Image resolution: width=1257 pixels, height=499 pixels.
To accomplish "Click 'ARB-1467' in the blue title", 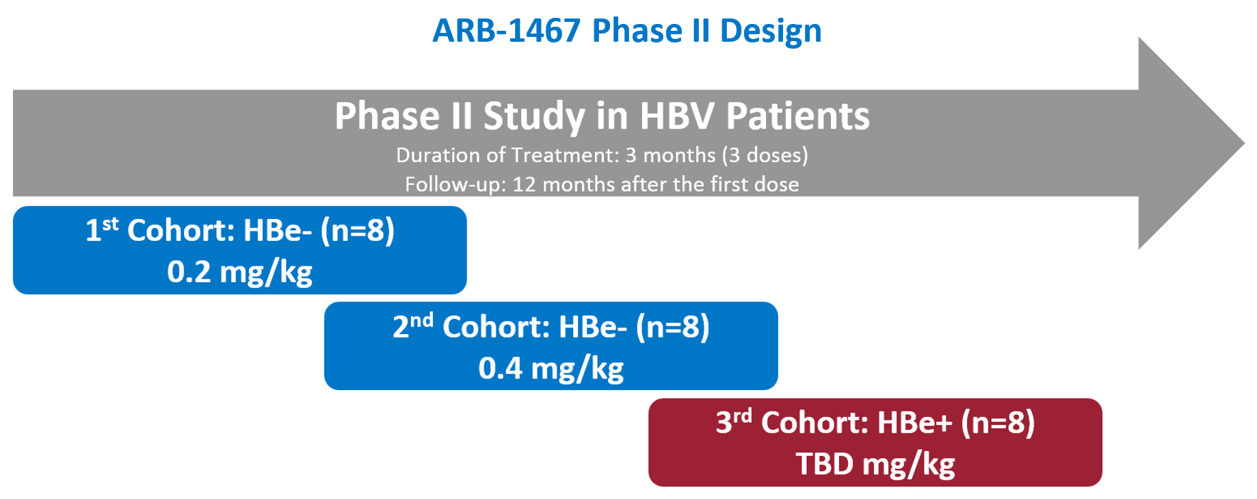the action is tap(507, 31).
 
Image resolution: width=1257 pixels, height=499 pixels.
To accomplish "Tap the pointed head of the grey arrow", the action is tap(1244, 143).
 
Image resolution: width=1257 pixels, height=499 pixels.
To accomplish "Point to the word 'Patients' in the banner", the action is tap(797, 116).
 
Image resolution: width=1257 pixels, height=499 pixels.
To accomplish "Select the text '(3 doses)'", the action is tap(765, 155).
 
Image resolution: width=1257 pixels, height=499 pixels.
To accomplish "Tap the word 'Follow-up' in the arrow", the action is tap(455, 185).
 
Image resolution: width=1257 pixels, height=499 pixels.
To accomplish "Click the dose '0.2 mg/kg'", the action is tap(240, 272).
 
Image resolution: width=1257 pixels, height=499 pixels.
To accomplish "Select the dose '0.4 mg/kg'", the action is tap(551, 368).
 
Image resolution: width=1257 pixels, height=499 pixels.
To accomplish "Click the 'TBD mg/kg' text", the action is tap(875, 464).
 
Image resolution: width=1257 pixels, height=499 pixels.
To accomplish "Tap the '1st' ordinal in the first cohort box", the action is tap(102, 229).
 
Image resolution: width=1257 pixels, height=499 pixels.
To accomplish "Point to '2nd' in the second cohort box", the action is tap(413, 325).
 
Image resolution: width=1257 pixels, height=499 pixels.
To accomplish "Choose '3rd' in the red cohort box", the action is tap(734, 421).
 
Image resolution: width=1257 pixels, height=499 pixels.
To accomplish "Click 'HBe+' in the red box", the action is tap(915, 422).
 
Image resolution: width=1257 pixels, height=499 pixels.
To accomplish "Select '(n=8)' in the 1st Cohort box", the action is tap(358, 231).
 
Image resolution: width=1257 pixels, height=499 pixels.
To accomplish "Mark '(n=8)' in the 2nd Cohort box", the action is tap(673, 327).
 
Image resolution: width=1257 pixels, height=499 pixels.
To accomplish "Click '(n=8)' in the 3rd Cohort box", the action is tap(998, 422).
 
